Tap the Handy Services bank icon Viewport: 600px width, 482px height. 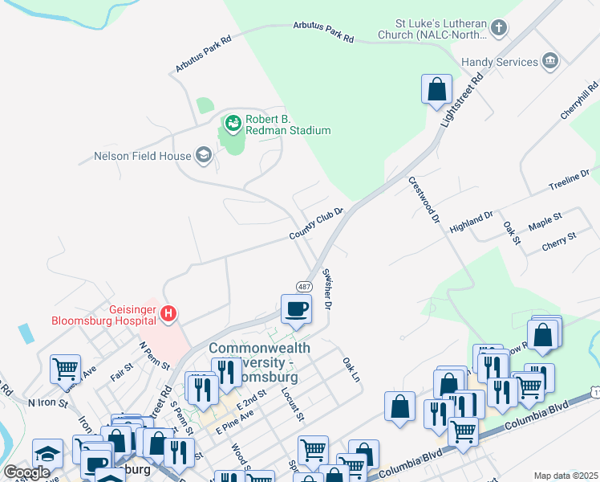(x=549, y=62)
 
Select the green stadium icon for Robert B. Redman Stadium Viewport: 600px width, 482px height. (x=233, y=123)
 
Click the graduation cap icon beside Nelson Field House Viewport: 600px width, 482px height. (x=204, y=156)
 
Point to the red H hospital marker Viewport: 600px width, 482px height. (x=168, y=313)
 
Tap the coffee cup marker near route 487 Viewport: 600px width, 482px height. (x=296, y=308)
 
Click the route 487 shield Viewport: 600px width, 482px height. (x=304, y=287)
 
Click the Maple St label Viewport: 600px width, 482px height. (x=545, y=218)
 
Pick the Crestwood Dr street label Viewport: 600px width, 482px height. (x=425, y=200)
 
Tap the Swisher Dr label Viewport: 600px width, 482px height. (x=326, y=288)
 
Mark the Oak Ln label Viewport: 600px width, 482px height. (x=351, y=370)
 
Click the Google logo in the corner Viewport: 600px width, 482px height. (x=26, y=472)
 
